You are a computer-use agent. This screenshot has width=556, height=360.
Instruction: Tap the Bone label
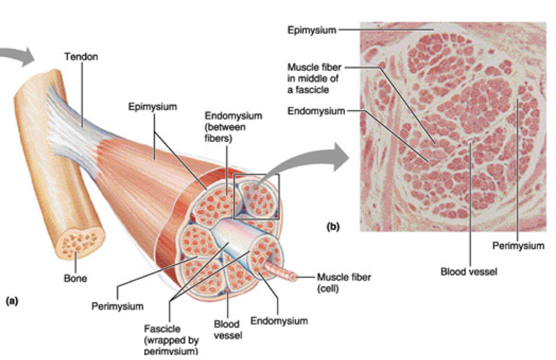click(75, 279)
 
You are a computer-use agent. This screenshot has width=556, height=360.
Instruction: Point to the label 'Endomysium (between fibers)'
click(233, 127)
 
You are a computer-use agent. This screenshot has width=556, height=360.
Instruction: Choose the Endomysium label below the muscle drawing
click(278, 321)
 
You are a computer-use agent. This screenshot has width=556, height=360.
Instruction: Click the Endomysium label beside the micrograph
click(316, 111)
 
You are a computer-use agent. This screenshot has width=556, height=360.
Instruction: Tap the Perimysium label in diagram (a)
click(118, 306)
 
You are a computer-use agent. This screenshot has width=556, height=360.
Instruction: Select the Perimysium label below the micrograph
click(518, 245)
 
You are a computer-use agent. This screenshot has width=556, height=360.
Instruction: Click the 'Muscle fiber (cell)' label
click(344, 282)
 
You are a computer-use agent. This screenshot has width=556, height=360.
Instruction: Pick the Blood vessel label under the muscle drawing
click(228, 329)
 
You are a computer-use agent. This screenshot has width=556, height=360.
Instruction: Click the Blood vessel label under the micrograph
click(468, 271)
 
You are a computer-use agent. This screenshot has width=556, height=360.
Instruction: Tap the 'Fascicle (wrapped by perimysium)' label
click(171, 341)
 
